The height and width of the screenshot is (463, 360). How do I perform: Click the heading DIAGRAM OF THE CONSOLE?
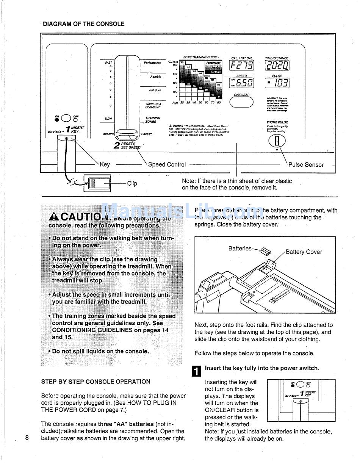point(83,24)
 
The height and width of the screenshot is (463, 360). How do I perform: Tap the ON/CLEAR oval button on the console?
point(241,102)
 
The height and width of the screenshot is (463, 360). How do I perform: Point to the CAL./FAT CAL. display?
point(242,66)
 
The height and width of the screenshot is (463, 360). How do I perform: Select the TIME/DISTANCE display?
point(277,66)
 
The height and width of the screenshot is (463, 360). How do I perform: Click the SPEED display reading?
point(242,83)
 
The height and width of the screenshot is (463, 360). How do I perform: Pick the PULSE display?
point(277,83)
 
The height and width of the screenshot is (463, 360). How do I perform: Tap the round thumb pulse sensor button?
point(277,141)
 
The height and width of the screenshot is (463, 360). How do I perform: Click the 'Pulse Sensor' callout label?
point(306,165)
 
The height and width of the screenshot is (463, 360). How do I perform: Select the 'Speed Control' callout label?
point(167,165)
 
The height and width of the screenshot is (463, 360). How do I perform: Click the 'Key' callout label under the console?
point(105,164)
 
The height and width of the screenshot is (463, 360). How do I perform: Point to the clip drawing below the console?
point(97,183)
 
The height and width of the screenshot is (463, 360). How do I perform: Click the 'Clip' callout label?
point(132,184)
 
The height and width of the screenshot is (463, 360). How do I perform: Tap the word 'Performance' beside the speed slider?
point(152,63)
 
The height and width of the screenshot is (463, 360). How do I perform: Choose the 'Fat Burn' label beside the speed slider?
point(155,90)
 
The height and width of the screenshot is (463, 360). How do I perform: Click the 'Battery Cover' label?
point(304,252)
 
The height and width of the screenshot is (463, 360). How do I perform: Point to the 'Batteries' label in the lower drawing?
point(239,249)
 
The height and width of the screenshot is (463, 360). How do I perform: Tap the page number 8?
point(27,438)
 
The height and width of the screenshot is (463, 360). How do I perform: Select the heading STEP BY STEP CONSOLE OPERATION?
point(95,382)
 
